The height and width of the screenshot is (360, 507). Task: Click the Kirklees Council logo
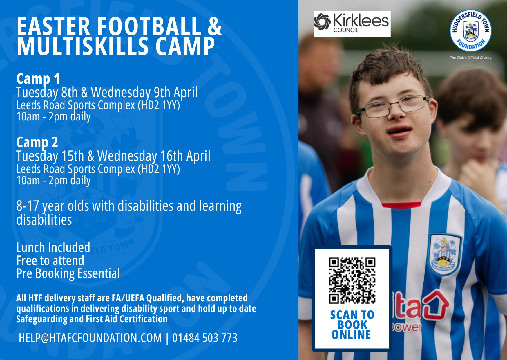[352, 24]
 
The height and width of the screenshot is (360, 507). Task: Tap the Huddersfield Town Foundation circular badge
[470, 31]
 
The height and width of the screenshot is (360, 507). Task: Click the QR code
[352, 280]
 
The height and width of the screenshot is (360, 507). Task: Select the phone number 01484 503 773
[205, 338]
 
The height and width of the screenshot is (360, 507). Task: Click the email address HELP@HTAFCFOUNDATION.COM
[90, 338]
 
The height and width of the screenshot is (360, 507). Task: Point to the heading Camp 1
[38, 79]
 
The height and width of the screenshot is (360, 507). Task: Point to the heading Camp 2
[37, 143]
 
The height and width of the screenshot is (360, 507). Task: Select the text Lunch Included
[53, 248]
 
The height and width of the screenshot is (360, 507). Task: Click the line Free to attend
[50, 261]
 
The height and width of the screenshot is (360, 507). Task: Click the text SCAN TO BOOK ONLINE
[352, 325]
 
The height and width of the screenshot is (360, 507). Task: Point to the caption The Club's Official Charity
[470, 58]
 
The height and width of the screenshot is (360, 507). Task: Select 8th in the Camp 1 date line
[70, 93]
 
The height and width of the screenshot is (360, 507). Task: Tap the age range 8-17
[28, 206]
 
